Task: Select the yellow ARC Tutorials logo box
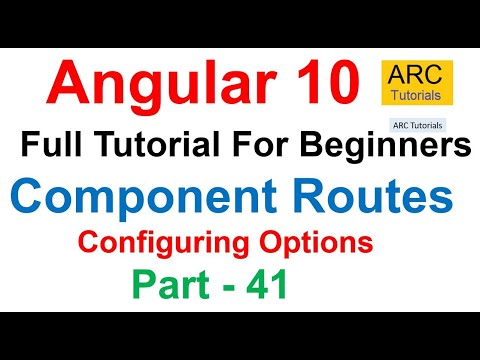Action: click(x=417, y=83)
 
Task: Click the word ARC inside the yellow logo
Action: click(x=417, y=74)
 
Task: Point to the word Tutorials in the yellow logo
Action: click(x=417, y=94)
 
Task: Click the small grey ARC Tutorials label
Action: click(x=415, y=126)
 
